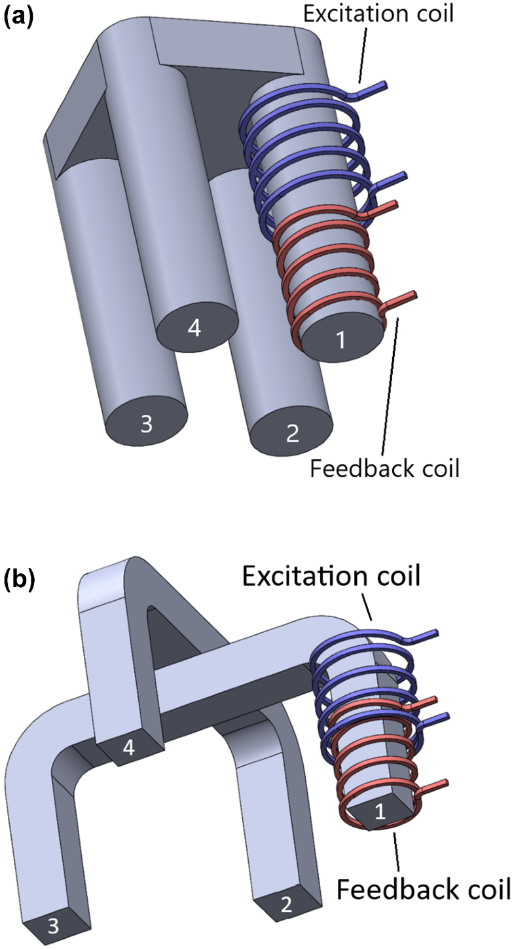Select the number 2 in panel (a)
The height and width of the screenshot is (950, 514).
point(292,432)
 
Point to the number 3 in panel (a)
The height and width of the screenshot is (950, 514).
point(146,425)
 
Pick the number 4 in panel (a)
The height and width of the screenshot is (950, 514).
point(194,329)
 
